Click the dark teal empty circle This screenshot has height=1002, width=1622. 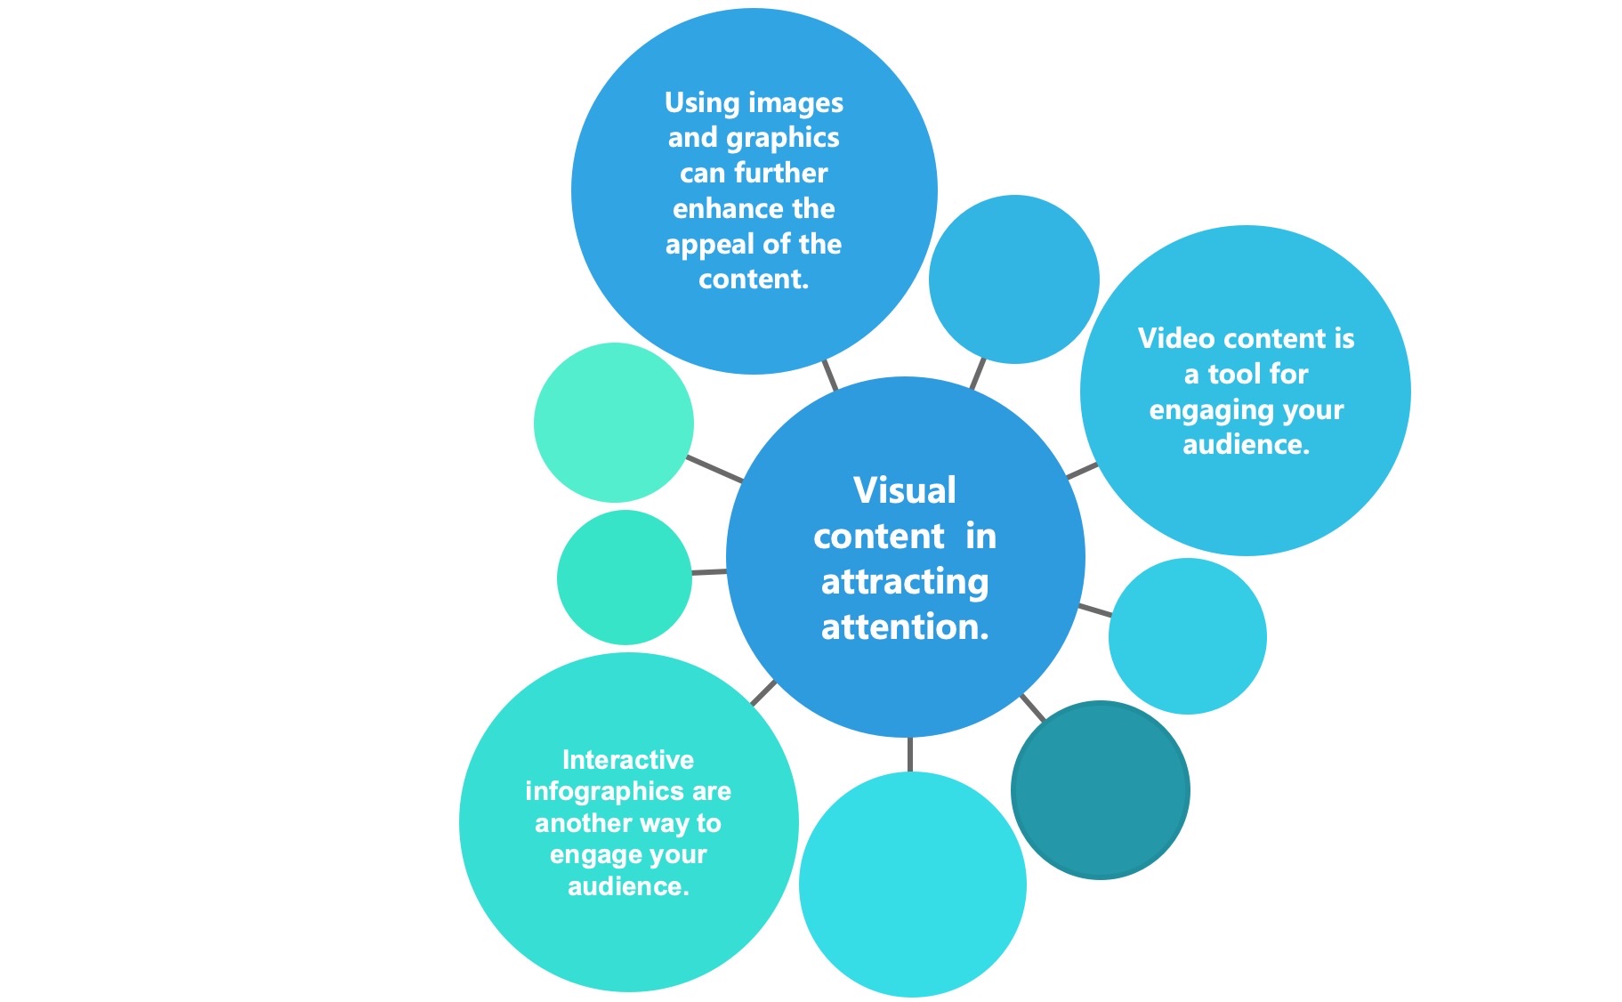pos(1100,790)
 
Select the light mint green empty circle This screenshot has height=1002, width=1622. pos(613,423)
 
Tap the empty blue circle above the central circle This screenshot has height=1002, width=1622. pos(1013,279)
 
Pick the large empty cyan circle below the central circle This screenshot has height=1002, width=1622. pos(912,884)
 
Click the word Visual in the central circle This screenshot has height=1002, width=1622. pos(904,490)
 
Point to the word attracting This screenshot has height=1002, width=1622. pos(904,582)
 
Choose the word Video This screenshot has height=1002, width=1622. pos(1174,339)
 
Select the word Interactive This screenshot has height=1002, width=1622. pos(627,760)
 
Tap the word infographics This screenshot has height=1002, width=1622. pos(592,791)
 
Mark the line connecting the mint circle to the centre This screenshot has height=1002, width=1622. pos(714,469)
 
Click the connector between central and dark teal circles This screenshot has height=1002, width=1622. pos(1032,707)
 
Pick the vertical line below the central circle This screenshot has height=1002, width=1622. pos(909,754)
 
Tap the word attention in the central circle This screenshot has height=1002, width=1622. pos(904,627)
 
